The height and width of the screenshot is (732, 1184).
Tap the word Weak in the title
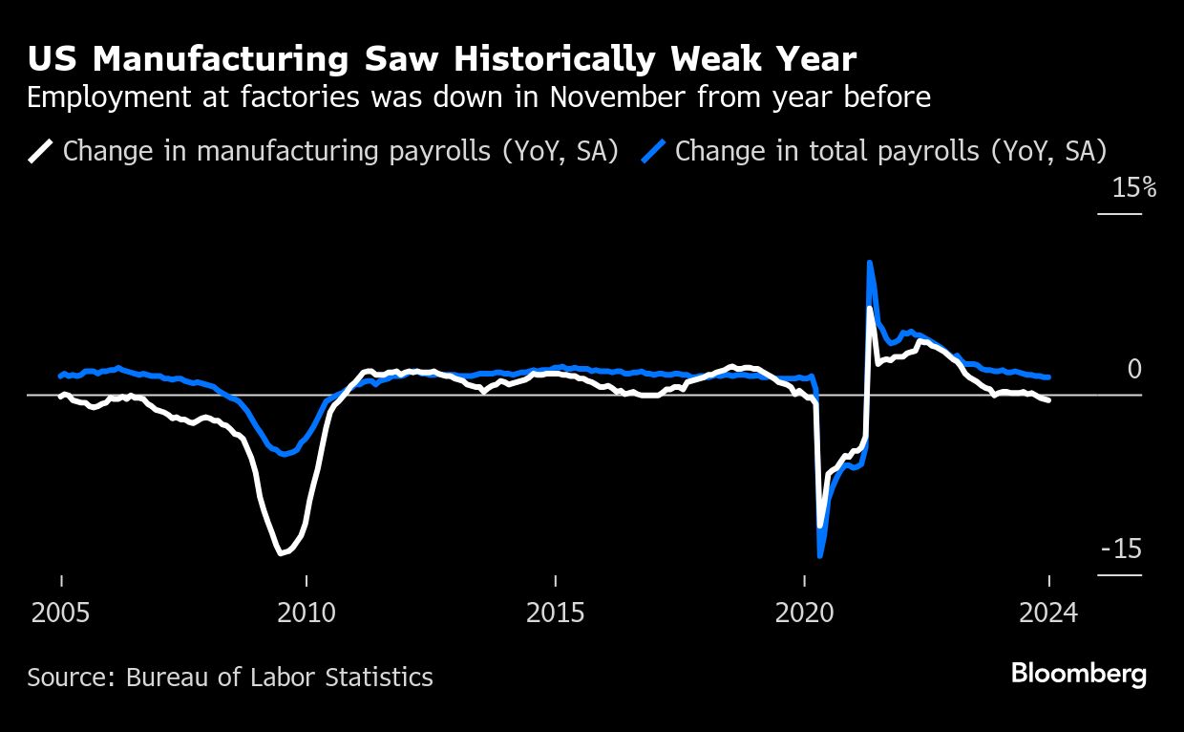[x=708, y=59]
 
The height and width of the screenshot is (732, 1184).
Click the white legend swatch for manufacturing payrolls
[x=42, y=151]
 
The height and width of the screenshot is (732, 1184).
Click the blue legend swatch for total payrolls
[x=654, y=151]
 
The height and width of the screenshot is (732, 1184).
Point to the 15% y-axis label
[x=1133, y=188]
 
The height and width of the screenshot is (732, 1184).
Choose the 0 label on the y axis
[x=1134, y=369]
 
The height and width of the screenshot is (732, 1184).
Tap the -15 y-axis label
[x=1121, y=549]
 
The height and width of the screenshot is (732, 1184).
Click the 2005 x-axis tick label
[x=61, y=613]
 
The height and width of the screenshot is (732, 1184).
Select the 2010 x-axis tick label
[x=307, y=613]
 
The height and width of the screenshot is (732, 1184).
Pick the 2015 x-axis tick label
[x=556, y=613]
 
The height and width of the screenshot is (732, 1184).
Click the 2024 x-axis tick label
[x=1048, y=613]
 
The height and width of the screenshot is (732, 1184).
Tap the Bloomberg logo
[x=1079, y=674]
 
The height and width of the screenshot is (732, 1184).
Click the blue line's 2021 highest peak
[x=869, y=262]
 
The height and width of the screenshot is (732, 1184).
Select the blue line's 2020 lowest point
[x=819, y=555]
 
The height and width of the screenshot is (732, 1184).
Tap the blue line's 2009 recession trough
[x=285, y=454]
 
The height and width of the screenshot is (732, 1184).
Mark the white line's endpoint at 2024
[x=1049, y=399]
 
